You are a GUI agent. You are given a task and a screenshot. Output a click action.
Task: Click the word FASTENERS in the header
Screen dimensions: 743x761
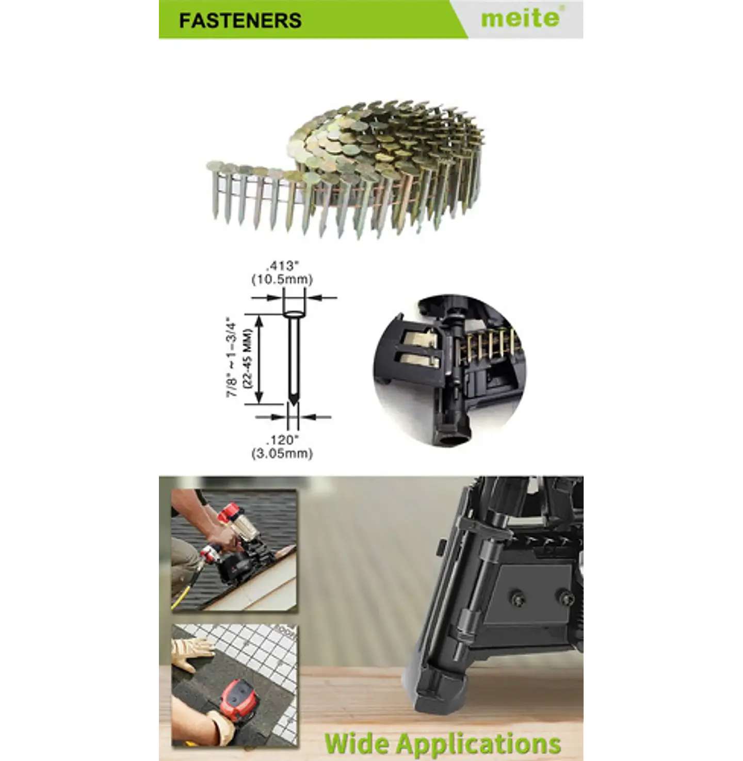(240, 20)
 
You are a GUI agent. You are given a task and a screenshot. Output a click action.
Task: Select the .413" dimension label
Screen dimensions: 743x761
(282, 266)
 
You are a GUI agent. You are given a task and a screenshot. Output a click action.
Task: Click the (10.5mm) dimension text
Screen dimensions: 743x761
(282, 280)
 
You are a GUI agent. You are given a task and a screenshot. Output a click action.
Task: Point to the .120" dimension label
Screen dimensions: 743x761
(282, 440)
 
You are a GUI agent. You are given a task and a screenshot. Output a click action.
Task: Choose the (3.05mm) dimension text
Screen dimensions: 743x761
(282, 454)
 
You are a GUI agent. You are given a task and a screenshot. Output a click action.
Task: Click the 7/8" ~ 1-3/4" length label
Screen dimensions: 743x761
(232, 359)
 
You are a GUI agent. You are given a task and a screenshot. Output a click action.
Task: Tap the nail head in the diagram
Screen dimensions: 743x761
(293, 314)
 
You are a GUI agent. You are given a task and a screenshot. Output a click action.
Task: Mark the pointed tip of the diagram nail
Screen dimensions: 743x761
(293, 404)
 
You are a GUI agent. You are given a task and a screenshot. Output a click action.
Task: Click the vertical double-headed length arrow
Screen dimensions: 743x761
(259, 359)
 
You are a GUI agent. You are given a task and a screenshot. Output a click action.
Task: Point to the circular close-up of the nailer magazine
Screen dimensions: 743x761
(450, 370)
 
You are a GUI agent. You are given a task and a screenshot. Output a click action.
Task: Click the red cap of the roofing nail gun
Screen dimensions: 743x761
(229, 513)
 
